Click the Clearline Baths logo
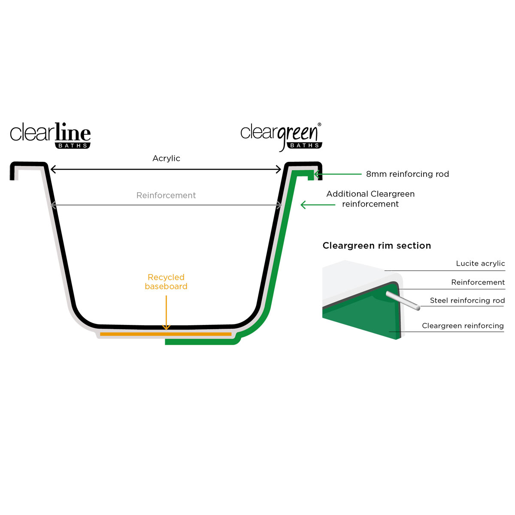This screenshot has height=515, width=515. point(50,135)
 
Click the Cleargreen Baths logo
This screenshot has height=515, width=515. point(281,137)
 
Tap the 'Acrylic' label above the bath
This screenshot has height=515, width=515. point(166,158)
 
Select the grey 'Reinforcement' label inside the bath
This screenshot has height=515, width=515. point(166,195)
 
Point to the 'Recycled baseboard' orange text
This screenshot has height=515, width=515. point(166,282)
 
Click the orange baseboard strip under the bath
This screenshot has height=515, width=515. point(166,334)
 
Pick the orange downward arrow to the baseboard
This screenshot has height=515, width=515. point(166,312)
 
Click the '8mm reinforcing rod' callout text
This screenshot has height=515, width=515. point(407,174)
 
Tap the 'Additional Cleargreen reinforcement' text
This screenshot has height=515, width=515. point(370,199)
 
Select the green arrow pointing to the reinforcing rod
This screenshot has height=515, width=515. point(338,174)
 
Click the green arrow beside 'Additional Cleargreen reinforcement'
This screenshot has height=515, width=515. point(318,205)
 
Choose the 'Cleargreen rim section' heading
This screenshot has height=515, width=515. point(376,245)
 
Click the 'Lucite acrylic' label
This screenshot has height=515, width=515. point(480,264)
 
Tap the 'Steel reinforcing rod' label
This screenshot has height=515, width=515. point(467,300)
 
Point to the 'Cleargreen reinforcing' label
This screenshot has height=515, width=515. point(463,325)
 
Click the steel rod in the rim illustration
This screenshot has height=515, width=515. point(403,300)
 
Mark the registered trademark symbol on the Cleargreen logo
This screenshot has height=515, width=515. point(319,124)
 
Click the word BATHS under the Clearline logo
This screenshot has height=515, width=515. point(73,145)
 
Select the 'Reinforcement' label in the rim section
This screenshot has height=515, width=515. point(478,282)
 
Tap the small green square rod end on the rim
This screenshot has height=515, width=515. point(311,177)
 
